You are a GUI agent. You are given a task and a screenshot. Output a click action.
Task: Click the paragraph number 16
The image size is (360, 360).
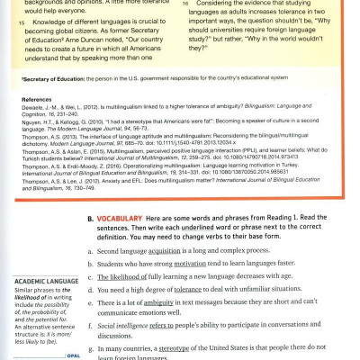(186, 4)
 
